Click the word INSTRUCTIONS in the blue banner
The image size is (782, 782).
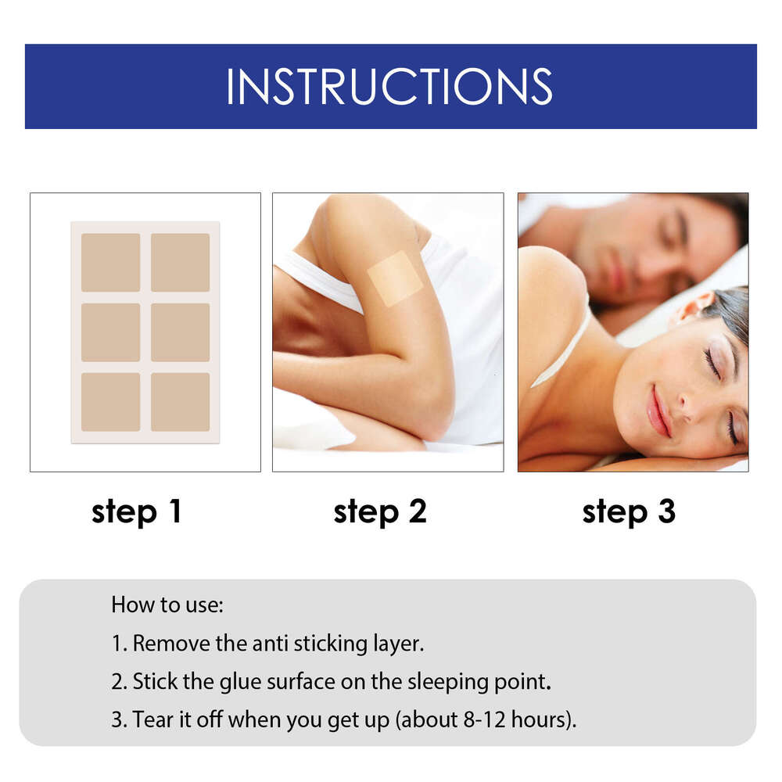(389, 86)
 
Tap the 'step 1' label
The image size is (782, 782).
(136, 512)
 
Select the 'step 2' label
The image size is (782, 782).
(380, 512)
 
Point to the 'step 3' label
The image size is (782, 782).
(629, 512)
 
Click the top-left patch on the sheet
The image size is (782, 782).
(111, 262)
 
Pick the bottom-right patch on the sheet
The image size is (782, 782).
(180, 402)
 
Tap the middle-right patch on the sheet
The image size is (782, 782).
(180, 332)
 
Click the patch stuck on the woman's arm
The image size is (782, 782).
(395, 278)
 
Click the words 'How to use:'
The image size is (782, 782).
(167, 604)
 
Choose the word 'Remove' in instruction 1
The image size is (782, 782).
(165, 644)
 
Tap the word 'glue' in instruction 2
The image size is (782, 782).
(228, 681)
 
